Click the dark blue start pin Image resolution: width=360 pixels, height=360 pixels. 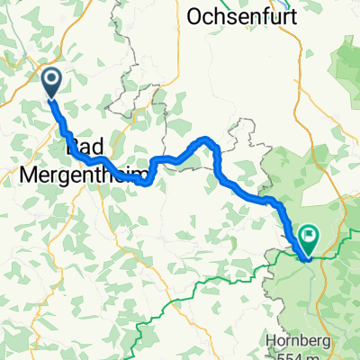51,83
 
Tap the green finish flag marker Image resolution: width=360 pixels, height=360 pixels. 309,238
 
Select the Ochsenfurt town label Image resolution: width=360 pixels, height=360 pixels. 243,16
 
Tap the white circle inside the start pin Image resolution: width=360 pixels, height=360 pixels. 51,80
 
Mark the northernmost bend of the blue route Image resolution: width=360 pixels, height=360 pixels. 207,139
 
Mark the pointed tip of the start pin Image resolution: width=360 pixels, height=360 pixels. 51,98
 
